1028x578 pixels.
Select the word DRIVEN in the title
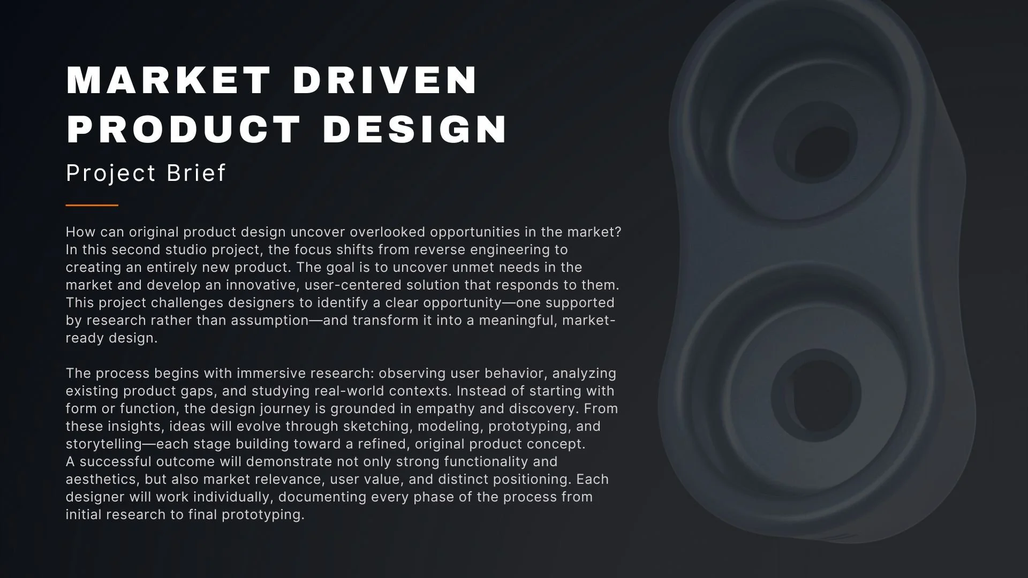tap(385, 80)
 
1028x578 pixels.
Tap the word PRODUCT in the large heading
tap(184, 130)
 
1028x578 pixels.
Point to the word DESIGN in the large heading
tap(415, 130)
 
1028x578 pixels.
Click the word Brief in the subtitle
tap(196, 173)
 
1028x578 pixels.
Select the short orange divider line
tap(92, 205)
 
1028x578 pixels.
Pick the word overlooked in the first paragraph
tap(387, 232)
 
